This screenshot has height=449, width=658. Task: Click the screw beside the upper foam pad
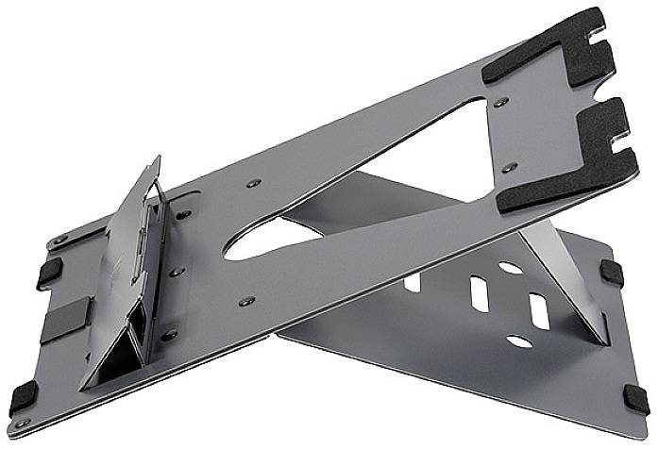(501, 102)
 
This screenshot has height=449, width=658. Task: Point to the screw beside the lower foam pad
(510, 167)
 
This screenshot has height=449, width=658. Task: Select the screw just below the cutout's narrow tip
(247, 302)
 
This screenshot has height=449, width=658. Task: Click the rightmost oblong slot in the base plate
(539, 311)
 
